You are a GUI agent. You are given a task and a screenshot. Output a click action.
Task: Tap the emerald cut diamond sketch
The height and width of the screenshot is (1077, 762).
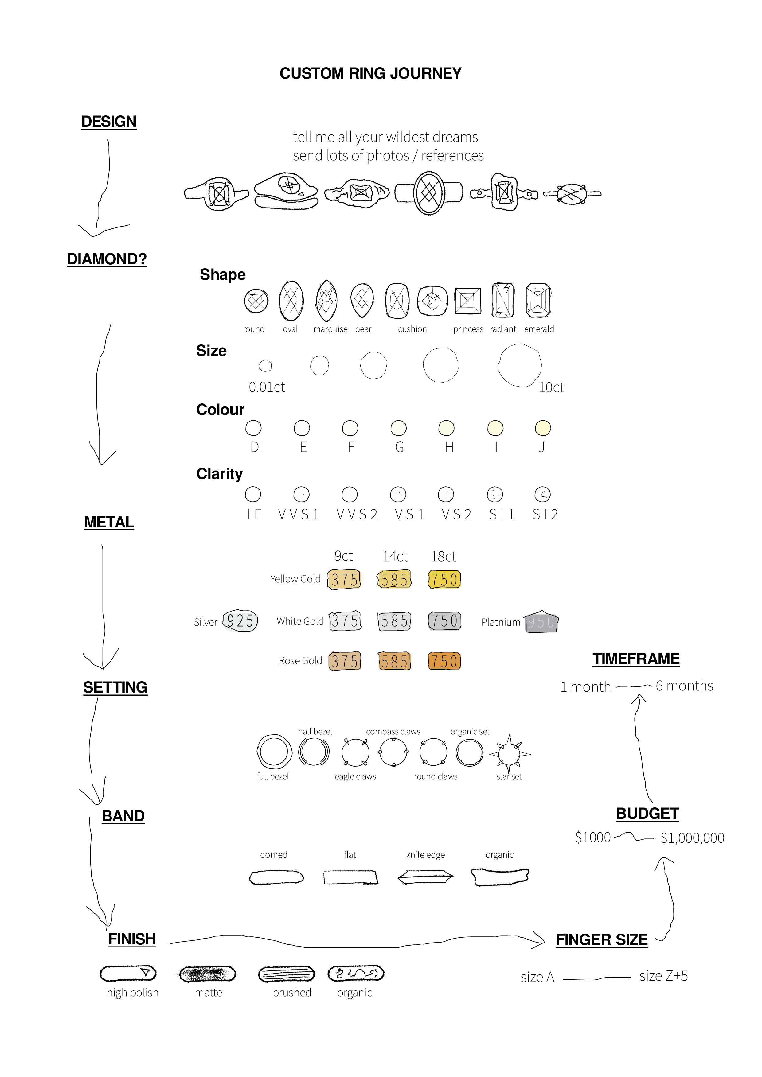(x=538, y=300)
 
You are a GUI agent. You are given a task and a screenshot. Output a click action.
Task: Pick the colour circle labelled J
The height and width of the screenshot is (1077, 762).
(x=543, y=428)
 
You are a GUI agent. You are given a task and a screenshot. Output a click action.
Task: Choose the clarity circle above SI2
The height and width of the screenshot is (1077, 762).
(x=542, y=494)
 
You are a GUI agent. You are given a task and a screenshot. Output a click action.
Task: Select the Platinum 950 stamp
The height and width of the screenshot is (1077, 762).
(x=541, y=622)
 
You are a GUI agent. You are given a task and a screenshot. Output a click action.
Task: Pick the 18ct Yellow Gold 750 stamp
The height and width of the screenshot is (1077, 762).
(x=444, y=579)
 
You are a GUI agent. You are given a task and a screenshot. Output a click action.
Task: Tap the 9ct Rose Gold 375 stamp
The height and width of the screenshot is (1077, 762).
(x=345, y=661)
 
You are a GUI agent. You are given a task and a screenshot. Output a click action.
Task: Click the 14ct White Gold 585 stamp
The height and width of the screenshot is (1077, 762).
(x=395, y=621)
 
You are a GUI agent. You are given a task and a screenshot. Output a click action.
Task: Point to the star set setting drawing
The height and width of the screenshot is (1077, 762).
(x=509, y=754)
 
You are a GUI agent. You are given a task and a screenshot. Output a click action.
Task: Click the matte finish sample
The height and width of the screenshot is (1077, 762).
(x=207, y=974)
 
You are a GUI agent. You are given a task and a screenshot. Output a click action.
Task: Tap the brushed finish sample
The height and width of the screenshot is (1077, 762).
(x=286, y=974)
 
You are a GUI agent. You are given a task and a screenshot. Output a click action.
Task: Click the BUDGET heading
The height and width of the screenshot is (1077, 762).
(x=647, y=813)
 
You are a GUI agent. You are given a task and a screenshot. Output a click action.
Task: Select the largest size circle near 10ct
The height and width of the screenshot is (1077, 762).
(x=519, y=365)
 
